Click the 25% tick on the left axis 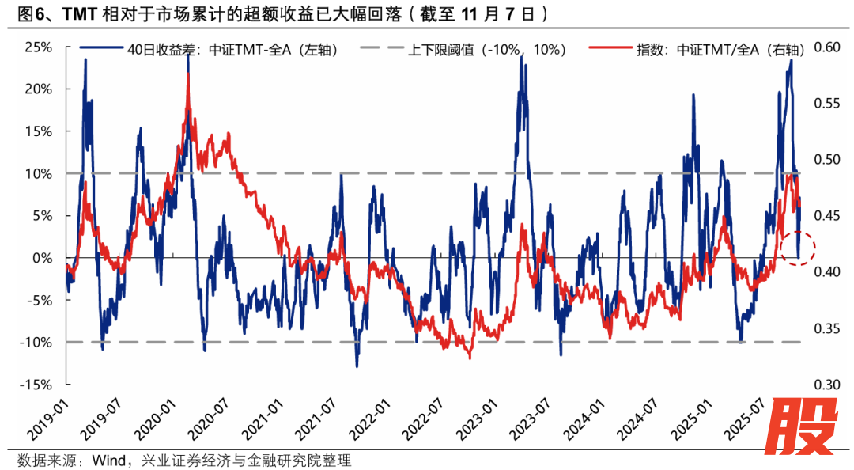click(39, 47)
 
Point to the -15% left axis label click(36, 385)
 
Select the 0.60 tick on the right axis click(824, 47)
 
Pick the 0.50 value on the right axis click(824, 160)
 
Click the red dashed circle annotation click(797, 248)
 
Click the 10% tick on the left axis click(39, 173)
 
